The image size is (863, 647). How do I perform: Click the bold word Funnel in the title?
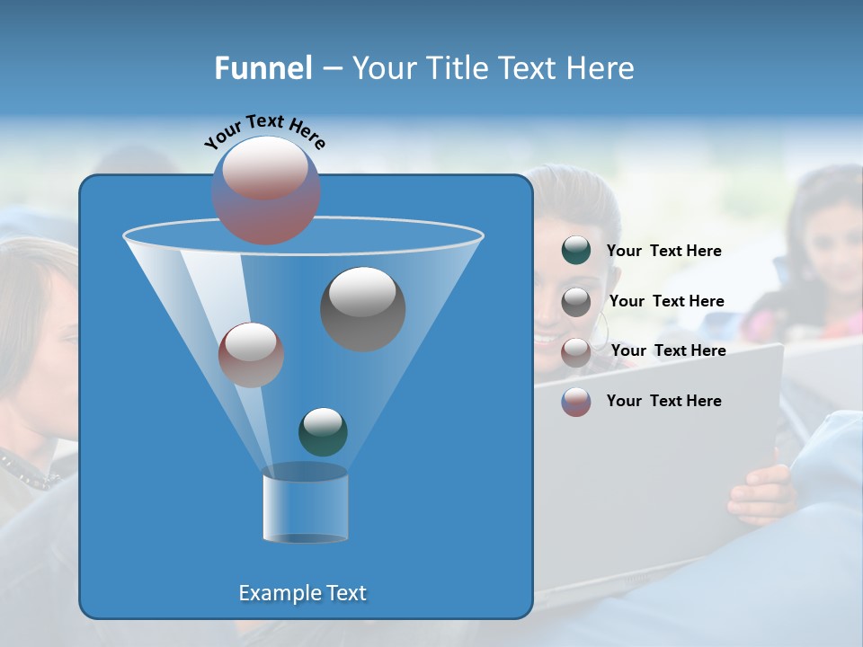(262, 68)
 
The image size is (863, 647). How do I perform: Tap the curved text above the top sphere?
(264, 131)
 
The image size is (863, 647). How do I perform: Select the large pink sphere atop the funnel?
(266, 191)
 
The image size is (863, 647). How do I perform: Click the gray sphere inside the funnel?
(362, 308)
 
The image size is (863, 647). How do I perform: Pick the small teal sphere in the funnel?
(323, 431)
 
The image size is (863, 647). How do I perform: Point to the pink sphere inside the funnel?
(251, 354)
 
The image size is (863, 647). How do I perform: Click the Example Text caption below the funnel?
(302, 593)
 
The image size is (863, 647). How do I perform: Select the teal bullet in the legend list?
(575, 251)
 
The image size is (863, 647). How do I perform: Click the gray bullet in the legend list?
(575, 302)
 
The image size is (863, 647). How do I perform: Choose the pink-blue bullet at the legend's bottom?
(575, 402)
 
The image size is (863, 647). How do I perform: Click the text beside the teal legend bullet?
(663, 252)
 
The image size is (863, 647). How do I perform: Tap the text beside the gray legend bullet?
(666, 301)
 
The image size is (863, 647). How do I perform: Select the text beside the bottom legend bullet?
(663, 401)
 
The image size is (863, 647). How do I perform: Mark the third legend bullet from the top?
(575, 352)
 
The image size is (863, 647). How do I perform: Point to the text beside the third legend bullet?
(668, 350)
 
